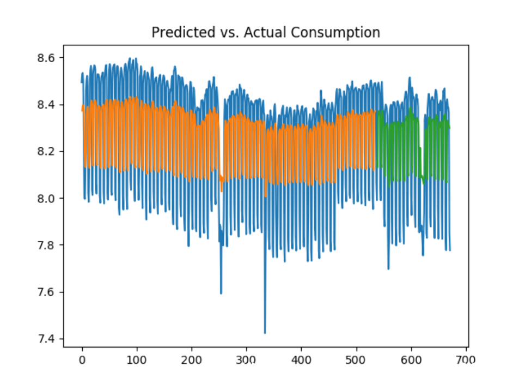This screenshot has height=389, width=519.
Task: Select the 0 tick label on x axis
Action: (82, 360)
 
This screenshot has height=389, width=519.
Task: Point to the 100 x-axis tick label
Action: (137, 360)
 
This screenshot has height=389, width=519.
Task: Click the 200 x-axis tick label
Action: (192, 360)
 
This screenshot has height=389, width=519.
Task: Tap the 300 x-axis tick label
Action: (246, 360)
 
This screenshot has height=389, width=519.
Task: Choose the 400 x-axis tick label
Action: (301, 360)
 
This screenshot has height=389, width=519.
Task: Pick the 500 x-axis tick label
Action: (356, 360)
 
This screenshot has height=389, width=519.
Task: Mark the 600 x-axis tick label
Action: (411, 360)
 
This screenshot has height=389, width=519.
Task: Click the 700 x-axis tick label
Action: (466, 360)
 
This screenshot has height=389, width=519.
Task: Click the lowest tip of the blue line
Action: (265, 333)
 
